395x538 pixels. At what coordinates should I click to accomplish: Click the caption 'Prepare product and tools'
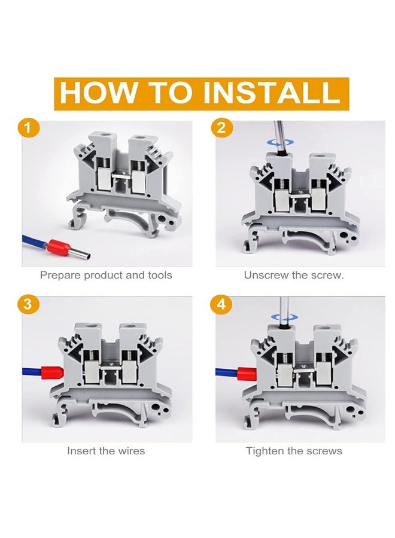(x=106, y=276)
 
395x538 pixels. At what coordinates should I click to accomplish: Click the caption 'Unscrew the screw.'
(x=294, y=276)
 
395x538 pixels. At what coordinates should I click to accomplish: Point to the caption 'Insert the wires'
(x=106, y=451)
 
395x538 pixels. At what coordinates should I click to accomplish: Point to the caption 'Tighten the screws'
(x=294, y=451)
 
